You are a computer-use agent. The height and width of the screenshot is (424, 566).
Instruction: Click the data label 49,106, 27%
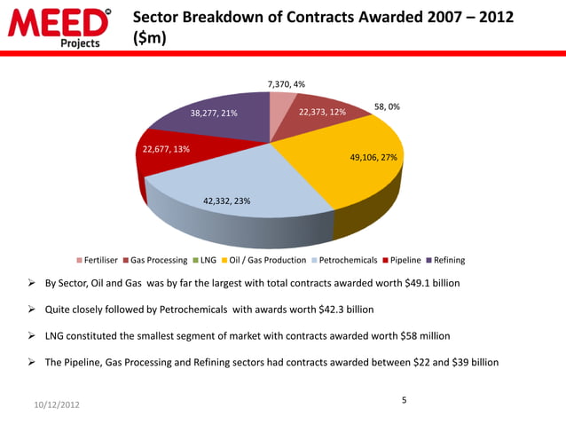tap(373, 157)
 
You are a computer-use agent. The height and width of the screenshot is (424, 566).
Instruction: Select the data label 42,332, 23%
tap(227, 201)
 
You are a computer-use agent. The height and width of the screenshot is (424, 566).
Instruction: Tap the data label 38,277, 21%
tap(214, 114)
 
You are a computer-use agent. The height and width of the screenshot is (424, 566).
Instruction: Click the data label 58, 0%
tap(386, 106)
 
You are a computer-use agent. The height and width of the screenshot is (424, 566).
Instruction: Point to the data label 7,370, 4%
tap(287, 84)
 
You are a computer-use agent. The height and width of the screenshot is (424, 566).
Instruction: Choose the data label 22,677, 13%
tap(166, 149)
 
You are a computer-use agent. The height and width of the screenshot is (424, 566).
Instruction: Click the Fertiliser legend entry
tap(101, 260)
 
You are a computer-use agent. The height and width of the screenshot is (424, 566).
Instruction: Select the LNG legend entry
tap(204, 260)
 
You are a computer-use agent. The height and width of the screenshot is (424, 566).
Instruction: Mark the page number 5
tap(404, 401)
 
